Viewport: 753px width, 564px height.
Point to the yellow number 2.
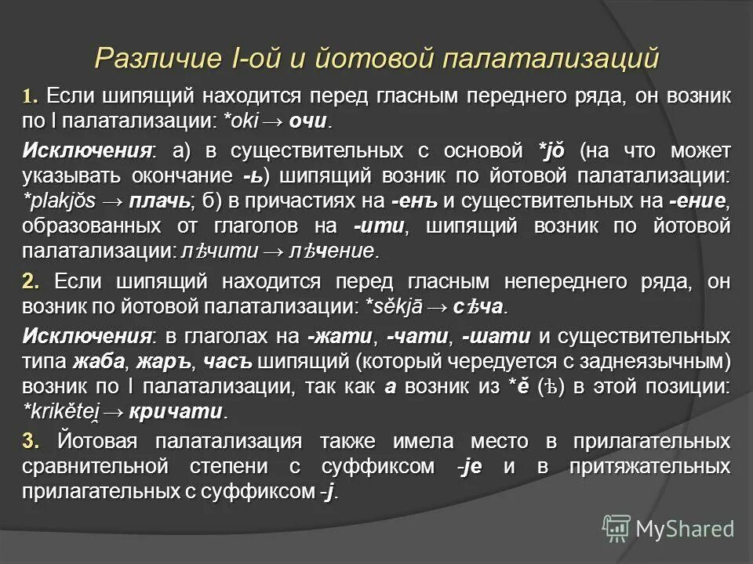click(x=31, y=281)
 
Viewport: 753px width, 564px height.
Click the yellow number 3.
click(x=31, y=442)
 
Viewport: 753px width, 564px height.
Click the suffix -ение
click(x=699, y=201)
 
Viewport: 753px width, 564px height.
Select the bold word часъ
click(x=229, y=362)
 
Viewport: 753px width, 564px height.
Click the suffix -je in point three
click(x=472, y=468)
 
